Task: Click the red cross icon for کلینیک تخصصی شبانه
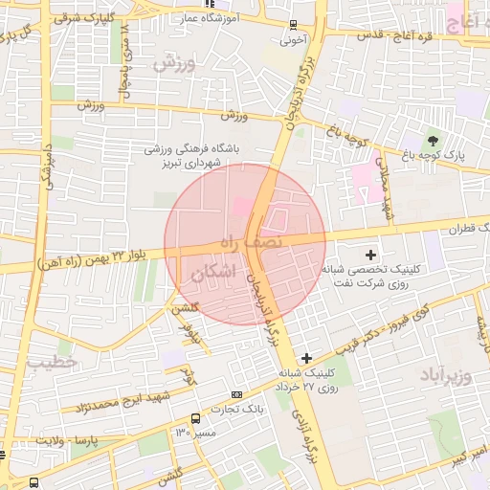[371, 256]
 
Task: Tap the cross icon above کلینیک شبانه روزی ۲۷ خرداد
[305, 358]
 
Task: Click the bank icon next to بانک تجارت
[237, 394]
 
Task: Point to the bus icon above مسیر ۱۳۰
[195, 418]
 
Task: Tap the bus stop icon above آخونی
[293, 26]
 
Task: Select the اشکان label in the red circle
[212, 273]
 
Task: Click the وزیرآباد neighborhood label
[445, 374]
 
